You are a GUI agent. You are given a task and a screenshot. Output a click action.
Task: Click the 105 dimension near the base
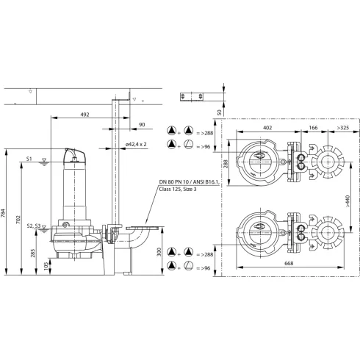point(48,265)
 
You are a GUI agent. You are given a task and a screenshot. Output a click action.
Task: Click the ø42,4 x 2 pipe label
point(136,145)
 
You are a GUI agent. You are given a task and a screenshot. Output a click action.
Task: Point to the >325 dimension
point(342,129)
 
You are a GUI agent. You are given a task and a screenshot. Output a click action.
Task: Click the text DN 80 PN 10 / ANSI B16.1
point(187,181)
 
